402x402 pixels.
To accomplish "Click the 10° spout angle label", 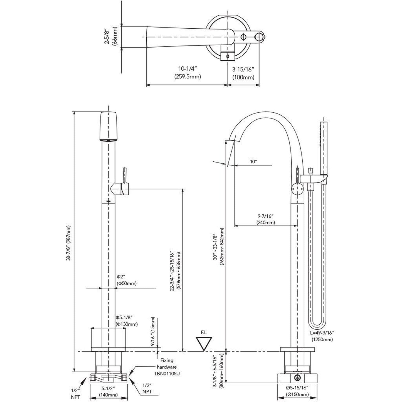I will click(x=253, y=162).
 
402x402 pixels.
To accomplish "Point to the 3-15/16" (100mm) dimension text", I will click(x=243, y=73).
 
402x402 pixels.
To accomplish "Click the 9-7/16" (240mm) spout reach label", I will click(x=265, y=219).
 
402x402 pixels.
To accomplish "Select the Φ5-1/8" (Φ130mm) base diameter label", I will click(x=127, y=320).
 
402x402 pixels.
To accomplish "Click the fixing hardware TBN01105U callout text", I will click(x=167, y=367).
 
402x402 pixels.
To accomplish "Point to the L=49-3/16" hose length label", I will click(x=322, y=336).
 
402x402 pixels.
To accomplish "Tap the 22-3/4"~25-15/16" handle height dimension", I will click(x=175, y=271).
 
